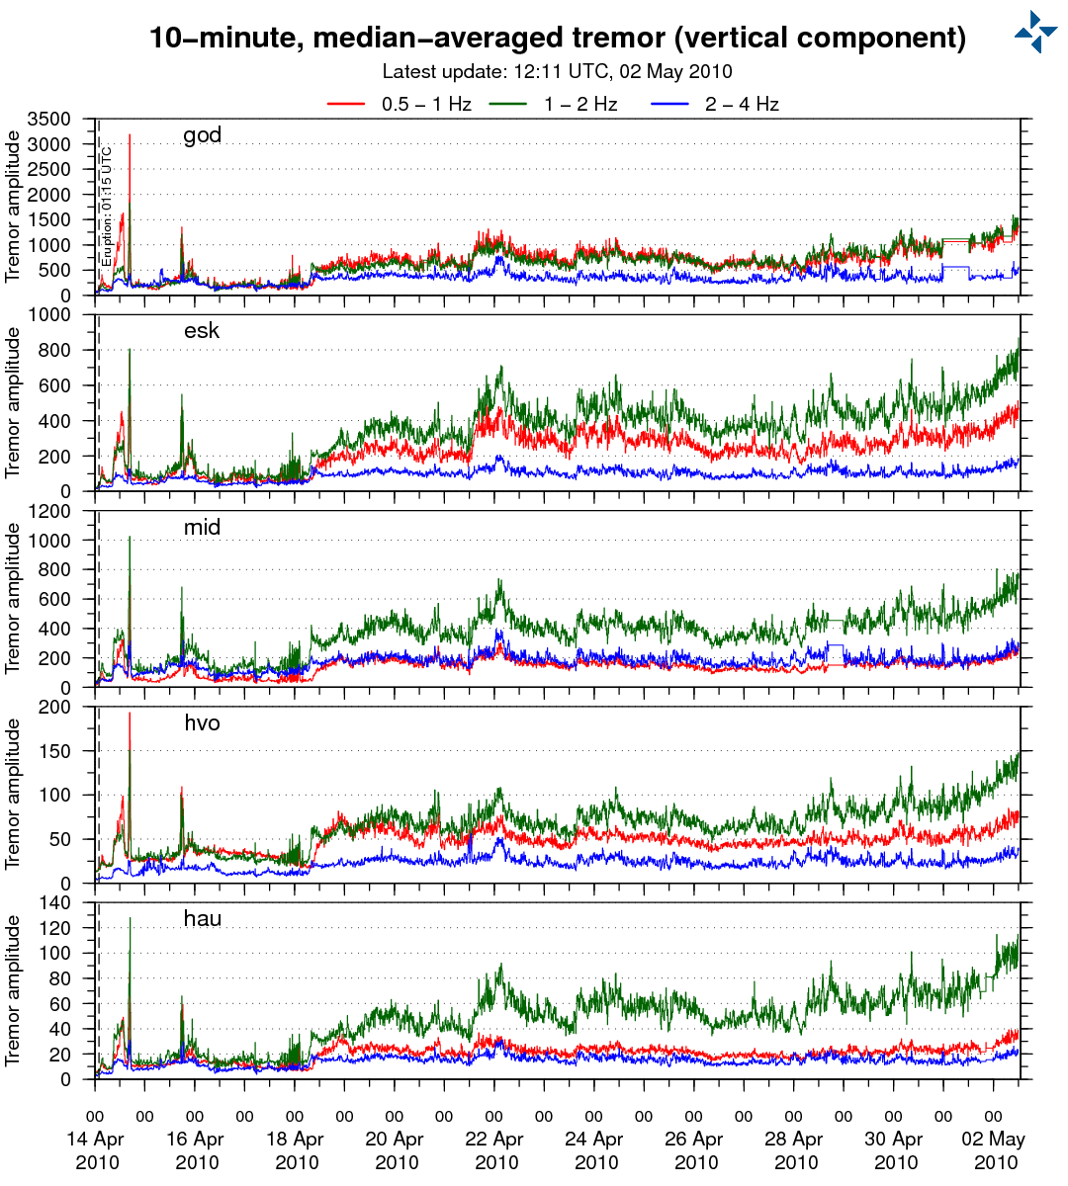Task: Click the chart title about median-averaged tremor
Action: tap(557, 38)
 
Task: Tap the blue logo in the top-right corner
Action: tap(1035, 32)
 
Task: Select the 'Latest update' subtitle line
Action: tap(557, 71)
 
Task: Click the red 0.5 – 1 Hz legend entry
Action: tap(400, 104)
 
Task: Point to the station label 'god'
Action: tap(202, 135)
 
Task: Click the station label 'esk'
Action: tap(202, 331)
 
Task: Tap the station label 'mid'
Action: tap(202, 527)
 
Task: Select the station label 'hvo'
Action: tap(202, 722)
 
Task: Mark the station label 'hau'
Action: tap(202, 919)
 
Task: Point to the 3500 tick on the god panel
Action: tap(49, 120)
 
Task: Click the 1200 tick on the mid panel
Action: tap(49, 511)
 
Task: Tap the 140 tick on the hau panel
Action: tap(55, 902)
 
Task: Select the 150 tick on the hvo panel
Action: tap(55, 751)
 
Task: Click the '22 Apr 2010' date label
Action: tap(494, 1150)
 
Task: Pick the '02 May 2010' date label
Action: tap(994, 1150)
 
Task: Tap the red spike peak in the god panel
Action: tap(130, 135)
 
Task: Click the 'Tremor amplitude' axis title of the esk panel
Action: tap(13, 403)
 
